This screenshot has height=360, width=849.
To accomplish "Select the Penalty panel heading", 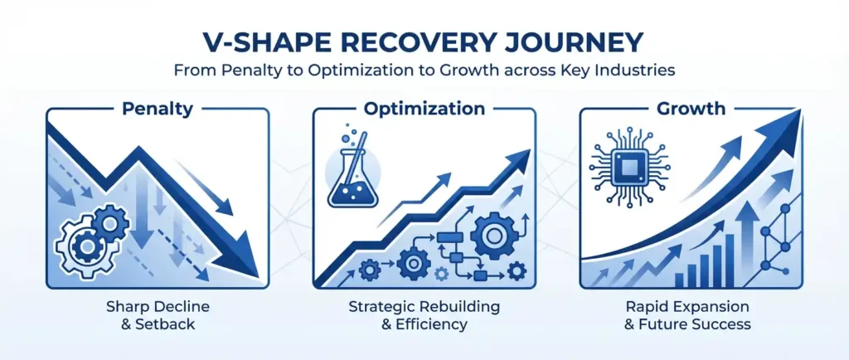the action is [x=158, y=109].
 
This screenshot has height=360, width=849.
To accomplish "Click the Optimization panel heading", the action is [x=424, y=109].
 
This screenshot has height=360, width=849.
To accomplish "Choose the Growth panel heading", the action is [x=691, y=109].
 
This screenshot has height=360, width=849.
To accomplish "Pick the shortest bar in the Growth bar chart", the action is [x=679, y=280].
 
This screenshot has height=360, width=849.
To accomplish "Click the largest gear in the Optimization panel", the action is [x=492, y=236].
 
